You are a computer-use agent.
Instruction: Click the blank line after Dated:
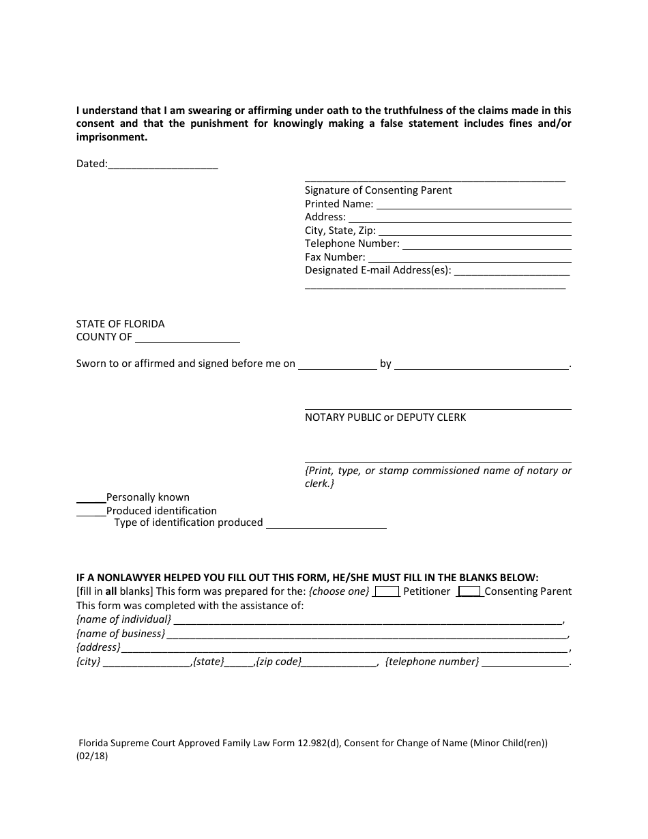coord(163,165)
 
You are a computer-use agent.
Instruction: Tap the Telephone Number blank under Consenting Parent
coord(486,245)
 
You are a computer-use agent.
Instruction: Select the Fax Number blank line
coord(469,259)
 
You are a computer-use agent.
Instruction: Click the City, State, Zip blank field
coord(474,232)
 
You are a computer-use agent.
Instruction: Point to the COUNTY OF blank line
coord(188,338)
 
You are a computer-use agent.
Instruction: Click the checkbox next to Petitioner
coord(387,592)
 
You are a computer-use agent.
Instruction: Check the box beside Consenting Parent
coord(469,592)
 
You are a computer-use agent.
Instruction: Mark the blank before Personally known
coord(91,498)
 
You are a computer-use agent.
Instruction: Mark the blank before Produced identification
coord(91,512)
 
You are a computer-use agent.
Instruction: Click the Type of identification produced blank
coord(326,524)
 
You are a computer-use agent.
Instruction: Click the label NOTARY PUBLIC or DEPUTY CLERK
coord(385,417)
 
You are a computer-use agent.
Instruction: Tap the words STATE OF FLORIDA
coord(120,324)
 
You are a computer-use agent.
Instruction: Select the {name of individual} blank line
coord(367,621)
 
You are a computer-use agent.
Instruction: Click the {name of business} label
coord(120,634)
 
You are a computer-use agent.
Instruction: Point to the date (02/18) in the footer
coord(92,756)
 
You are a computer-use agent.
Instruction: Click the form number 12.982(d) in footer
coord(313,744)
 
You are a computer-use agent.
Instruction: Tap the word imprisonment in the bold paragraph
coord(111,136)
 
